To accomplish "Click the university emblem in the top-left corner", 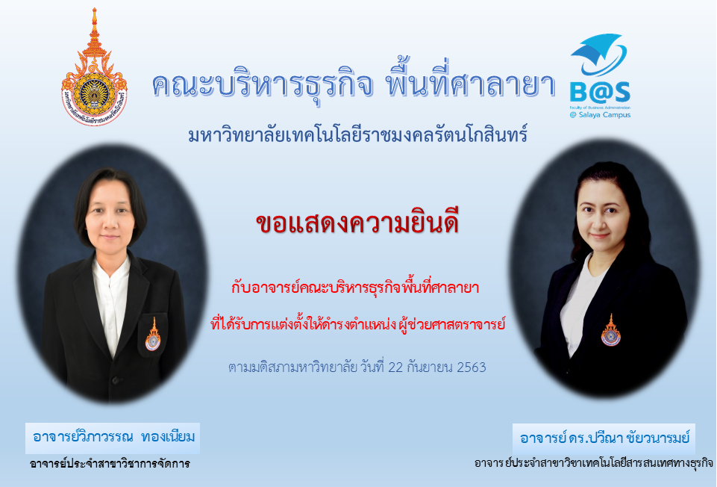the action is pyautogui.click(x=94, y=68).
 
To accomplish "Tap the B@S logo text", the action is pyautogui.click(x=600, y=92).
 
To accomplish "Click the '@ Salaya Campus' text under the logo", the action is pyautogui.click(x=600, y=115).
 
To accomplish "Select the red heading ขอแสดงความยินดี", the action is pyautogui.click(x=357, y=223).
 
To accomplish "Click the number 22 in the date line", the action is pyautogui.click(x=395, y=367).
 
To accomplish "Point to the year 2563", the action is pyautogui.click(x=472, y=367).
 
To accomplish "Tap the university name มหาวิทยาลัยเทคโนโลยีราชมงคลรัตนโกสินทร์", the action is pyautogui.click(x=358, y=134).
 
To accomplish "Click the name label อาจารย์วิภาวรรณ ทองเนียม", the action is pyautogui.click(x=113, y=437).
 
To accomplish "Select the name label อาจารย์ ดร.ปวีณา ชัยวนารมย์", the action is pyautogui.click(x=604, y=438).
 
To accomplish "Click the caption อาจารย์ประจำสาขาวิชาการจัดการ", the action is pyautogui.click(x=110, y=464).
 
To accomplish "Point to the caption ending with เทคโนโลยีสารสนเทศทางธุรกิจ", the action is pyautogui.click(x=594, y=463).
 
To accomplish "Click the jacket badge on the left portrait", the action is pyautogui.click(x=153, y=335).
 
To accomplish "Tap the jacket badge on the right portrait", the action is pyautogui.click(x=611, y=330).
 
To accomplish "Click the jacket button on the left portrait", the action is pyautogui.click(x=115, y=380).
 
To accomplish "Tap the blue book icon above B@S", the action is pyautogui.click(x=599, y=54).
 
